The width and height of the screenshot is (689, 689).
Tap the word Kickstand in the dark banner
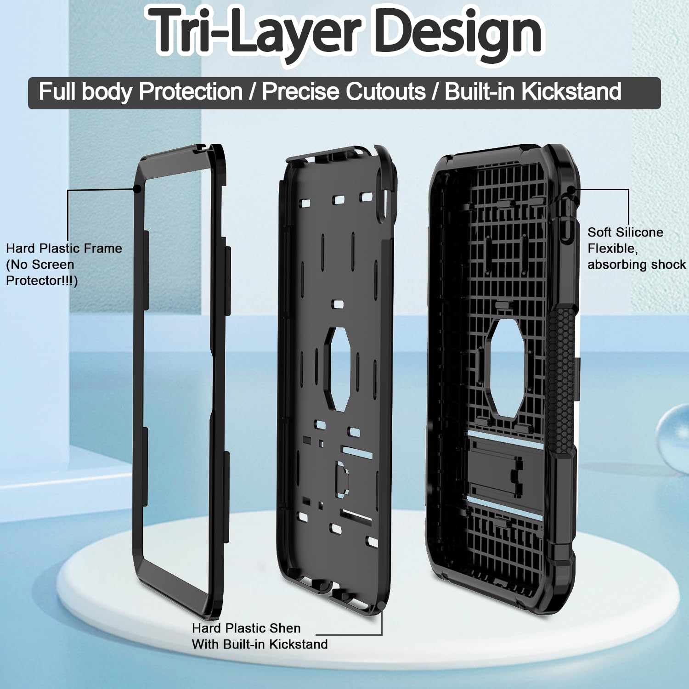point(571,91)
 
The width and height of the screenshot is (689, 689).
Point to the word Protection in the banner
point(191,91)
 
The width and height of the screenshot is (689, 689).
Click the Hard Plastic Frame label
point(64,248)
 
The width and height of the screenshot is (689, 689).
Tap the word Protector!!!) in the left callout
point(42,281)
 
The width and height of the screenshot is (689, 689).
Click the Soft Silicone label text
point(625,232)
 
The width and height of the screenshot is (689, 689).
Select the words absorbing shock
point(637,265)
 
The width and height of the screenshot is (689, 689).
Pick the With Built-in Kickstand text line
point(260,644)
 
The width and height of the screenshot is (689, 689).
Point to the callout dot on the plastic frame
point(136,189)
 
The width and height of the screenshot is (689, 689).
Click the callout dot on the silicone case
point(570,189)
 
